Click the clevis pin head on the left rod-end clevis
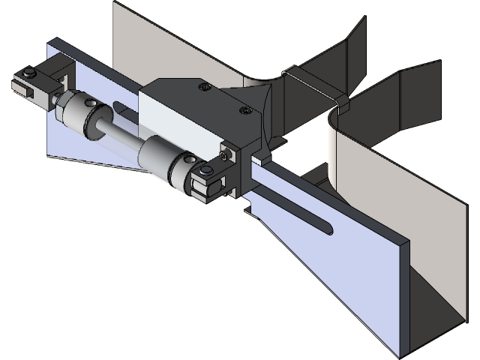click(28, 73)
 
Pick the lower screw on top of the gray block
click(244, 111)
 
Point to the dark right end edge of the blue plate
click(406, 296)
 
